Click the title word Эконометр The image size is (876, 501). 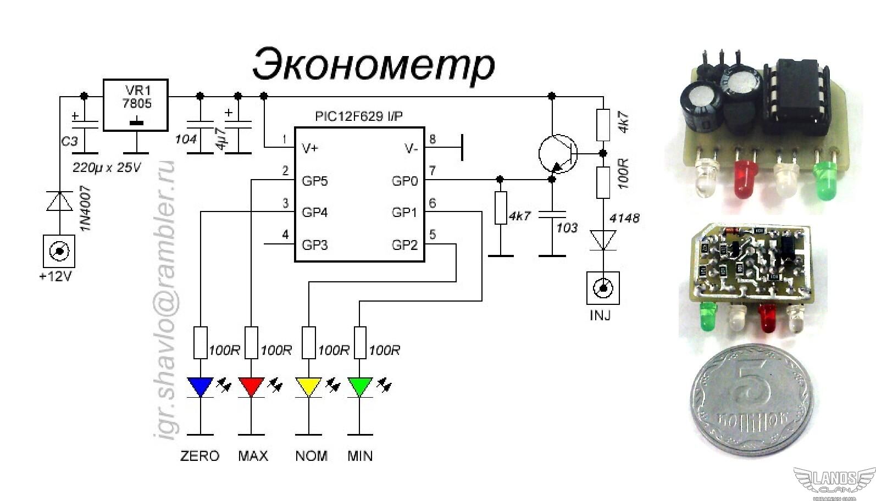[x=374, y=65]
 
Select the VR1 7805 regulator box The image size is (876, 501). [x=136, y=105]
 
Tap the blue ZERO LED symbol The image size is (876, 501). [x=200, y=387]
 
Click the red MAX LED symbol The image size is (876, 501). [x=251, y=387]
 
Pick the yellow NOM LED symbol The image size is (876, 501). [x=308, y=387]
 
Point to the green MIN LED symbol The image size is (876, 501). [x=359, y=387]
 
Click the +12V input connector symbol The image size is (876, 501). [x=58, y=252]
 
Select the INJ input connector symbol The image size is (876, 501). [x=603, y=288]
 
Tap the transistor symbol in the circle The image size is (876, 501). [x=557, y=154]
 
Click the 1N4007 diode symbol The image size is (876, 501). [x=59, y=201]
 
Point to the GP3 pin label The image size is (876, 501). [x=315, y=244]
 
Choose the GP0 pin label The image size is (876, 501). [x=404, y=181]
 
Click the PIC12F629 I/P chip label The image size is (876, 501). [x=358, y=116]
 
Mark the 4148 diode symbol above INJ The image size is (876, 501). [x=603, y=240]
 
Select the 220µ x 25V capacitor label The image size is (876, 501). [x=107, y=168]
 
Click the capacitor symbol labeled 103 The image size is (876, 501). [x=552, y=214]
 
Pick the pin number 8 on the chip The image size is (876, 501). [x=433, y=139]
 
